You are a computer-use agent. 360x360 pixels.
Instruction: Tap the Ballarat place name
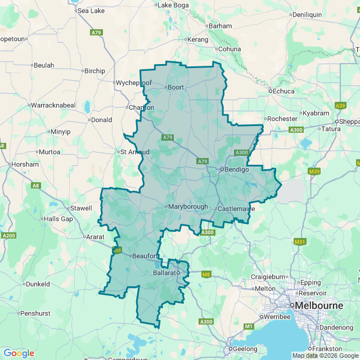pos(165,273)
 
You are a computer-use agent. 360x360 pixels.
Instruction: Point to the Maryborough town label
pos(188,206)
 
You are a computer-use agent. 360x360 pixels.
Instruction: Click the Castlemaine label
pos(237,209)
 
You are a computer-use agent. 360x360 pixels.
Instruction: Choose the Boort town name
pos(175,87)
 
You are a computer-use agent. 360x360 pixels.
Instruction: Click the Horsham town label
pos(25,164)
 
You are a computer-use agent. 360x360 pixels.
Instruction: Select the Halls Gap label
pos(58,219)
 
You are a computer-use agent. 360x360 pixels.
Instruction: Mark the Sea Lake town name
pos(91,11)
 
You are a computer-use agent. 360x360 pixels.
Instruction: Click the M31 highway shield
pos(300,242)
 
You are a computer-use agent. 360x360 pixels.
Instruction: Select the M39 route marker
pos(314,171)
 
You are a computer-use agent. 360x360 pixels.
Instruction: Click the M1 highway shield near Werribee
pos(248,326)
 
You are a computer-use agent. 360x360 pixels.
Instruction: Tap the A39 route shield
pos(340,105)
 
